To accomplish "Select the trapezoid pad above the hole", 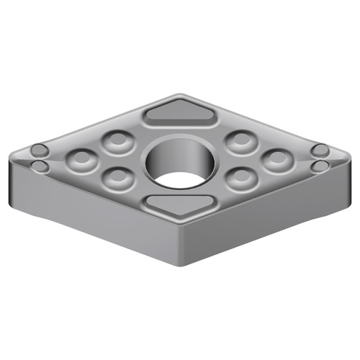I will click(x=179, y=114).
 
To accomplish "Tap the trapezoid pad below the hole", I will click(x=179, y=204).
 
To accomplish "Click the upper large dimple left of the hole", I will click(x=116, y=141).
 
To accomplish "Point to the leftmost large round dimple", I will click(x=81, y=159).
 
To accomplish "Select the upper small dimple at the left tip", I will click(x=40, y=151).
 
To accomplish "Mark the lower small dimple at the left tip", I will click(x=41, y=167).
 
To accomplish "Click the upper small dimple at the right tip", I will click(x=319, y=151).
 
